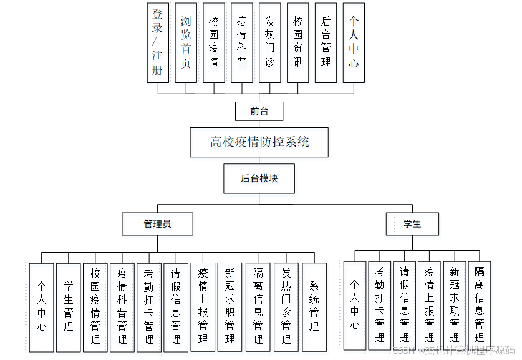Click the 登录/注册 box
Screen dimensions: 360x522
158,42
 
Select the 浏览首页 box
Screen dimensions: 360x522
186,42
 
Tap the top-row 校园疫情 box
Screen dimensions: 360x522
214,42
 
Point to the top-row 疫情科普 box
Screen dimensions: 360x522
242,42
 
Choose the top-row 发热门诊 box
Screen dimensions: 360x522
269,42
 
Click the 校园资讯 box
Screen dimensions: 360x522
297,42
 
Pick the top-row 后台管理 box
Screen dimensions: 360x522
326,42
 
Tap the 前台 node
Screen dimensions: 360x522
259,111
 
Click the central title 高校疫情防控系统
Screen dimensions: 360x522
259,142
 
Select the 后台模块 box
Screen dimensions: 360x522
259,178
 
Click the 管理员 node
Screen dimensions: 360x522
157,223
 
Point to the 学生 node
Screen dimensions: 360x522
412,223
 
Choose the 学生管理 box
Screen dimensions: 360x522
69,306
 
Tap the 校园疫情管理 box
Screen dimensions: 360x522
95,306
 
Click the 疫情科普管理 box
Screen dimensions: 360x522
122,306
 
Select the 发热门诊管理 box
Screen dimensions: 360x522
286,306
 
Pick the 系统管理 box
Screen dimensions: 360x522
314,306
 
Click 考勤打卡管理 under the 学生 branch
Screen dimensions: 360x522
379,304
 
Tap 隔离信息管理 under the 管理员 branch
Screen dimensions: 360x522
258,306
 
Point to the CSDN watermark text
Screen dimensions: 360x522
453,350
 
